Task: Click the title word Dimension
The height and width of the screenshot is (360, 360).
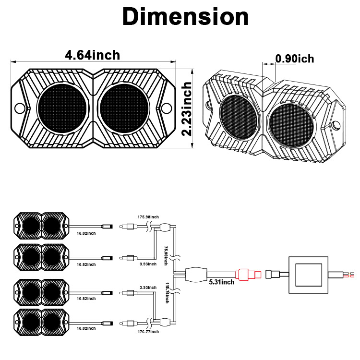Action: (185, 17)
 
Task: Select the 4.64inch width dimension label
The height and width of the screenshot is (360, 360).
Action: (93, 55)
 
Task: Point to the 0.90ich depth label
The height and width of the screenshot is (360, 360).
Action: (294, 59)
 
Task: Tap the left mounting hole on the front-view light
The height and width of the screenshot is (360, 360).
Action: (19, 108)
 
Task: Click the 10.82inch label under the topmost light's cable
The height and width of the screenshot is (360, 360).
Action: (86, 234)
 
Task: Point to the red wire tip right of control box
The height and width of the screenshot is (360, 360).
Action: (354, 276)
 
